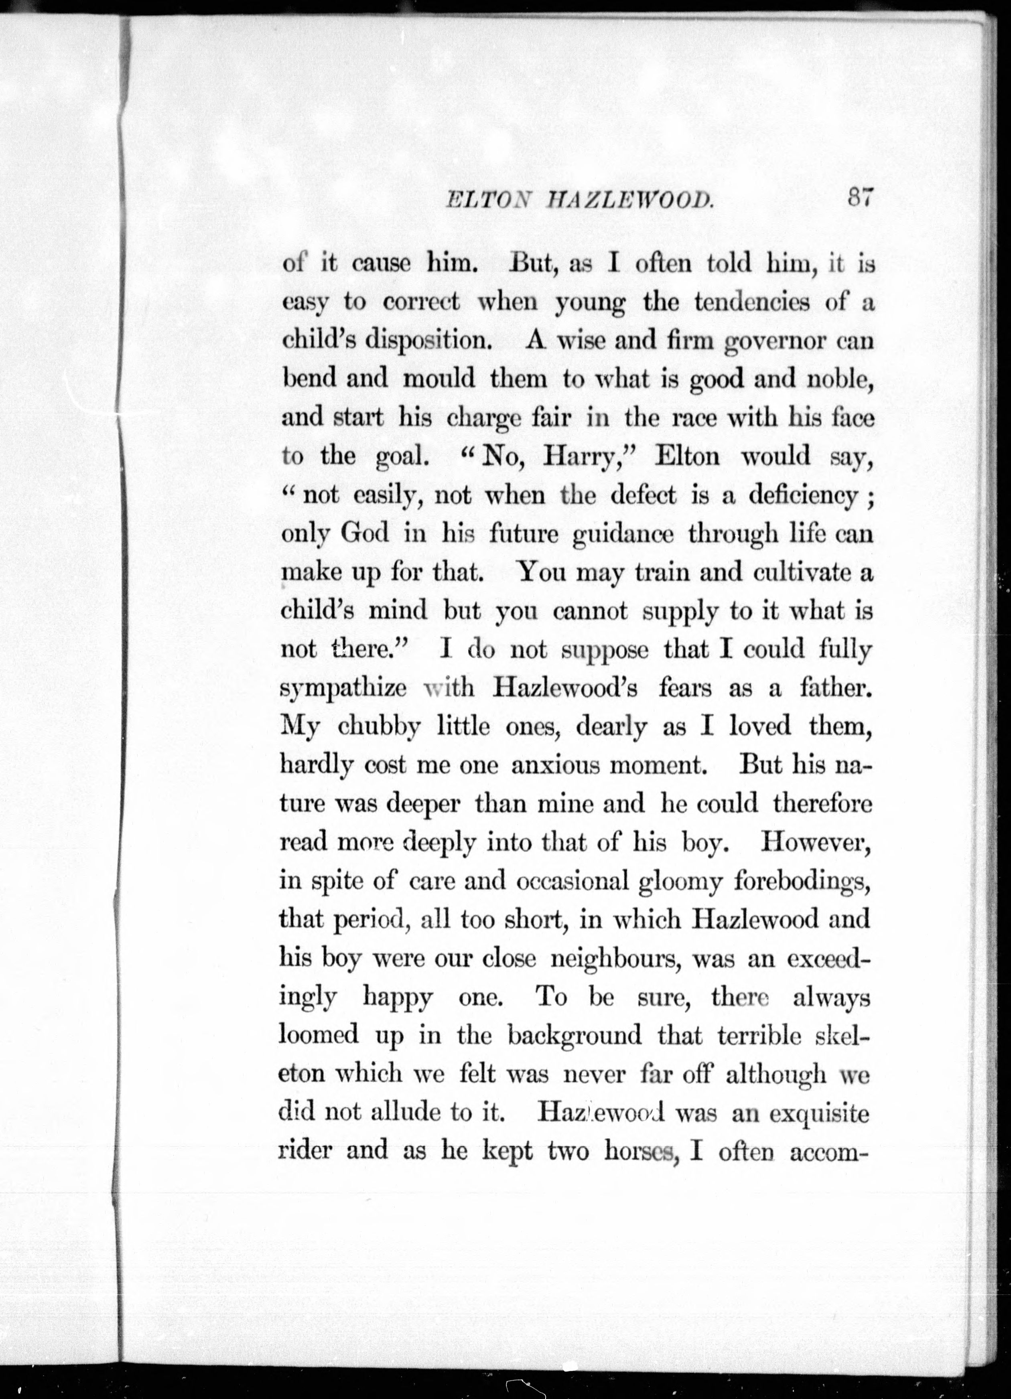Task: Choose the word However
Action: pos(816,843)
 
